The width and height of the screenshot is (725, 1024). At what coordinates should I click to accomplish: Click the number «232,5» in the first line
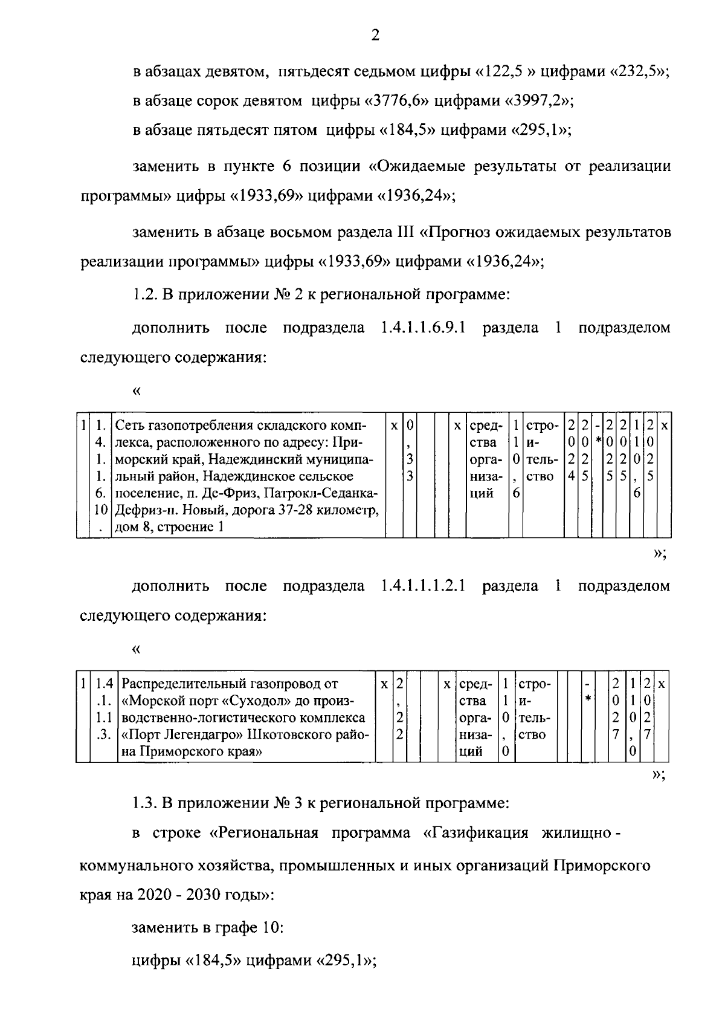pyautogui.click(x=640, y=72)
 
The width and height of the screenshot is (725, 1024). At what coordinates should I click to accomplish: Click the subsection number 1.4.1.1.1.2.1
pyautogui.click(x=423, y=586)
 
